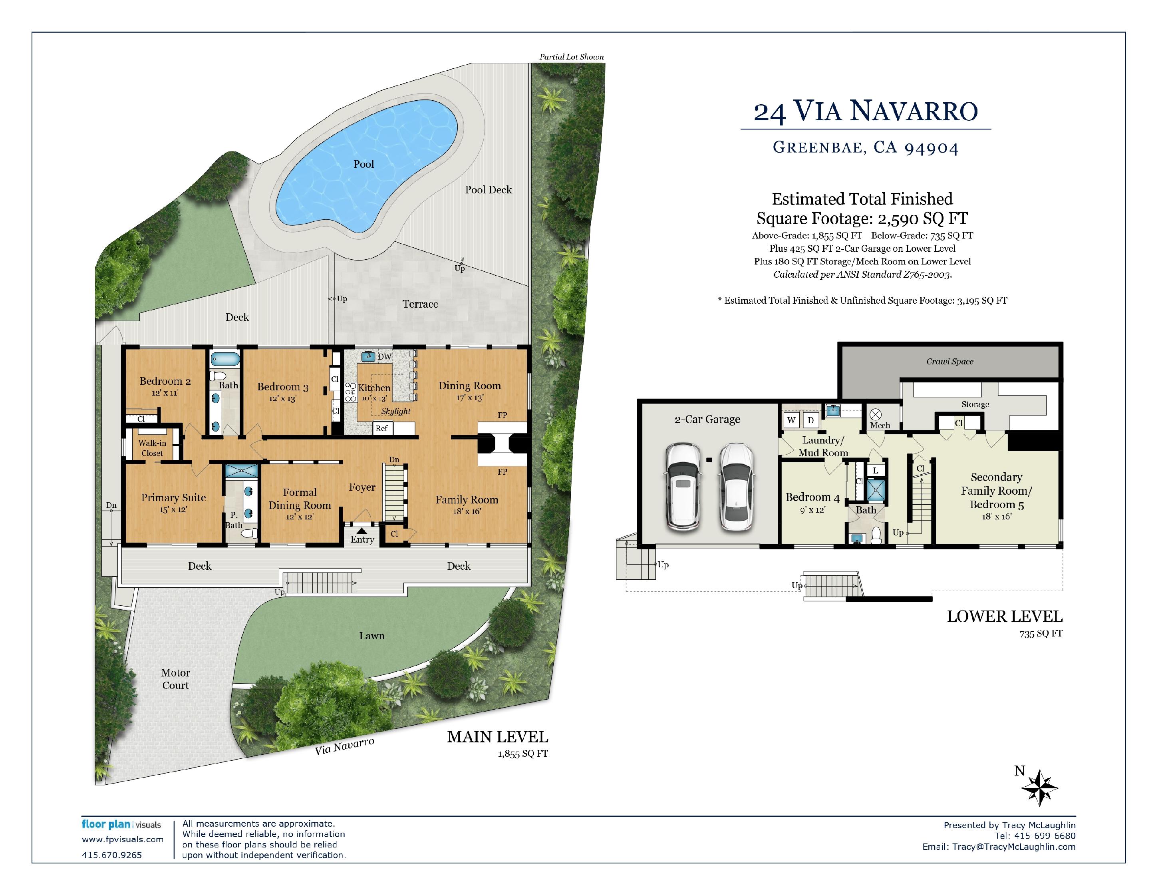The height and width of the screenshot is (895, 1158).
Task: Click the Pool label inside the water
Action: coord(364,164)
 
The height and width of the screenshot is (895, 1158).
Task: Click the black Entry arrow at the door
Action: coord(362,530)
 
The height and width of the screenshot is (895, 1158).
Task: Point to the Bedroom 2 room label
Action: coord(165,381)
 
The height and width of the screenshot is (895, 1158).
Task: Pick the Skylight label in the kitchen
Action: coord(395,412)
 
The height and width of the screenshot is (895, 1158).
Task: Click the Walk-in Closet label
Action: coord(152,448)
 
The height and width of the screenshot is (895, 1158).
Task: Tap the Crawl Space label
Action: coord(949,362)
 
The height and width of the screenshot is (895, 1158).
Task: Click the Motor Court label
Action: coord(175,679)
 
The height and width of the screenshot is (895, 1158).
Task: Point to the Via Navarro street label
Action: coord(345,746)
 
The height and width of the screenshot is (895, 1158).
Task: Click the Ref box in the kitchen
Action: coord(382,428)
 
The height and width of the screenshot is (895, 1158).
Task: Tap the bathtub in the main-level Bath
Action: coord(225,359)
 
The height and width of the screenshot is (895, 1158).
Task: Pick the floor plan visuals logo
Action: coord(121,825)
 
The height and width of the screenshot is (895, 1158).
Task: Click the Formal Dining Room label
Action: coord(300,499)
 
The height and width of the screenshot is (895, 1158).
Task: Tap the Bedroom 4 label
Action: coord(812,497)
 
